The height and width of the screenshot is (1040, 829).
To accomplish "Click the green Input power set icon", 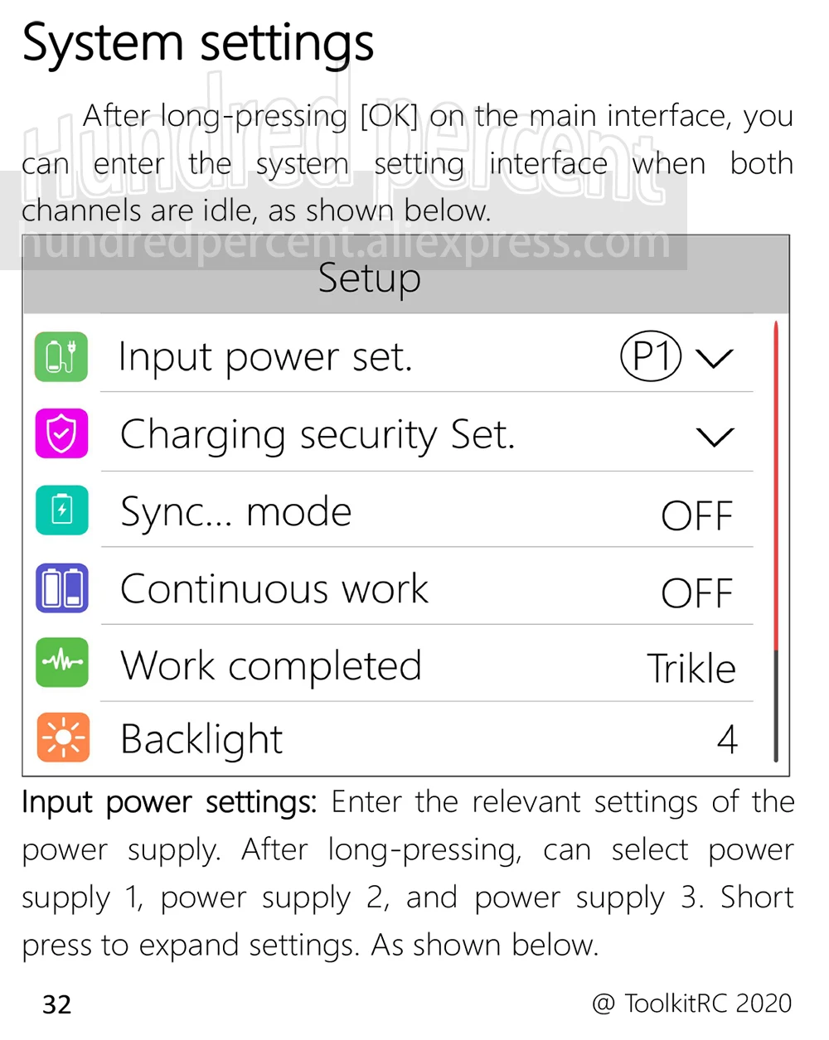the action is tap(61, 356).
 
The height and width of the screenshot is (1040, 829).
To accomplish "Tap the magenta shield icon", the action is tap(61, 433).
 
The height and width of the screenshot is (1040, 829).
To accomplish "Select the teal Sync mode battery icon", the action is tap(62, 510).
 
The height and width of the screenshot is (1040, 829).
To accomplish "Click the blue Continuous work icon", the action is tap(62, 588).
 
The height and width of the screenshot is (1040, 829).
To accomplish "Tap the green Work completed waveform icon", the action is tap(62, 661).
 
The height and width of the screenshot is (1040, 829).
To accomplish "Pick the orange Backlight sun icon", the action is tap(63, 737).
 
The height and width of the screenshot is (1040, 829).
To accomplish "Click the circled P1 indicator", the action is tap(651, 356).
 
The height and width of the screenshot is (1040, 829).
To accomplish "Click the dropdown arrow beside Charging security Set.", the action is tap(715, 437).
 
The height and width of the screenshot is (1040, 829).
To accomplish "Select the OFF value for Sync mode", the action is tap(696, 515).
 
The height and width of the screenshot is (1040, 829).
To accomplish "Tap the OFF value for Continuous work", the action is tap(696, 593).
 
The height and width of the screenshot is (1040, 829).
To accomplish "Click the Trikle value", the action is tap(691, 669).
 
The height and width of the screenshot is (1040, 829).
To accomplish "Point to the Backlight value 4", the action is tap(728, 739).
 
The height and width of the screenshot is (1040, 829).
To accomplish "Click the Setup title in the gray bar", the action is tap(369, 278).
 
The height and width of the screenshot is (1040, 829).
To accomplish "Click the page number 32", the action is tap(57, 1004).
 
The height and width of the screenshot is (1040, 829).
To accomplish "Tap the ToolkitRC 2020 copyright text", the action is tap(692, 1003).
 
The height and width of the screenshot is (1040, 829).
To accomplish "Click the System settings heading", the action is tap(197, 45).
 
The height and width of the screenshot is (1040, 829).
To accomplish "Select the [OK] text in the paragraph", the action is tap(389, 116).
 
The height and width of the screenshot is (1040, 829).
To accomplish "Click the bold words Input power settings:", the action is tap(169, 803).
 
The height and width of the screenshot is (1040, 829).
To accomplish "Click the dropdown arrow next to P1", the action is tap(714, 359).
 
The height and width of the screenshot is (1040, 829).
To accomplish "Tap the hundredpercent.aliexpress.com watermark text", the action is tap(344, 242).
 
